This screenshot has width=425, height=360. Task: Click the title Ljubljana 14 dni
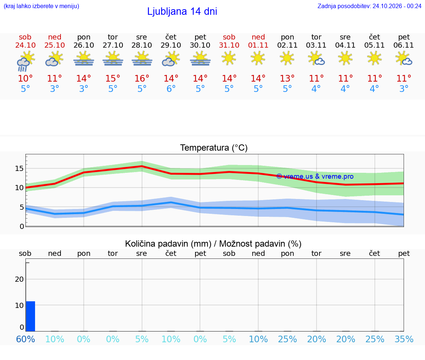[x=182, y=11]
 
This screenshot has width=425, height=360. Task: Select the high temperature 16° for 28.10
[x=142, y=78]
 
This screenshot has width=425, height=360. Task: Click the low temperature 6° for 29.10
[x=171, y=89]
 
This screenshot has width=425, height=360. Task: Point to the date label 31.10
[x=229, y=45]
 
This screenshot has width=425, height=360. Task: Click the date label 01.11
[x=258, y=45]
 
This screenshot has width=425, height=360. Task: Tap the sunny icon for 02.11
[x=287, y=58]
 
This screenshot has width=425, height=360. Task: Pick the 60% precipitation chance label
[x=25, y=339]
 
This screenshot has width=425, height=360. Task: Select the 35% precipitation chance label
[x=404, y=339]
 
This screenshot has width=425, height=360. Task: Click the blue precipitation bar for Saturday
[x=30, y=316]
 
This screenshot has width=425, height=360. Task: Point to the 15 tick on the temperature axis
[x=19, y=168]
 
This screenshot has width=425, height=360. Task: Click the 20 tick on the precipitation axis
[x=19, y=279]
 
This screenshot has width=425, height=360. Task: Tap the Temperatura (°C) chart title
[x=214, y=148]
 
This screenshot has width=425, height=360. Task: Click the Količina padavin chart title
[x=168, y=244]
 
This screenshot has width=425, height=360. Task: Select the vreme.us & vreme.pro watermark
[x=315, y=176]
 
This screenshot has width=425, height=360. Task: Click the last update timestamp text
[x=369, y=6]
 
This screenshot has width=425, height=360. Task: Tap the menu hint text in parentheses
[x=41, y=6]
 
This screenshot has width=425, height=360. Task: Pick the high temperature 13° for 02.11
[x=287, y=78]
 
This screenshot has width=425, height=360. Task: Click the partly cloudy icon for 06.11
[x=404, y=59]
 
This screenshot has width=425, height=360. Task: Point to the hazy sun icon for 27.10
[x=113, y=59]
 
